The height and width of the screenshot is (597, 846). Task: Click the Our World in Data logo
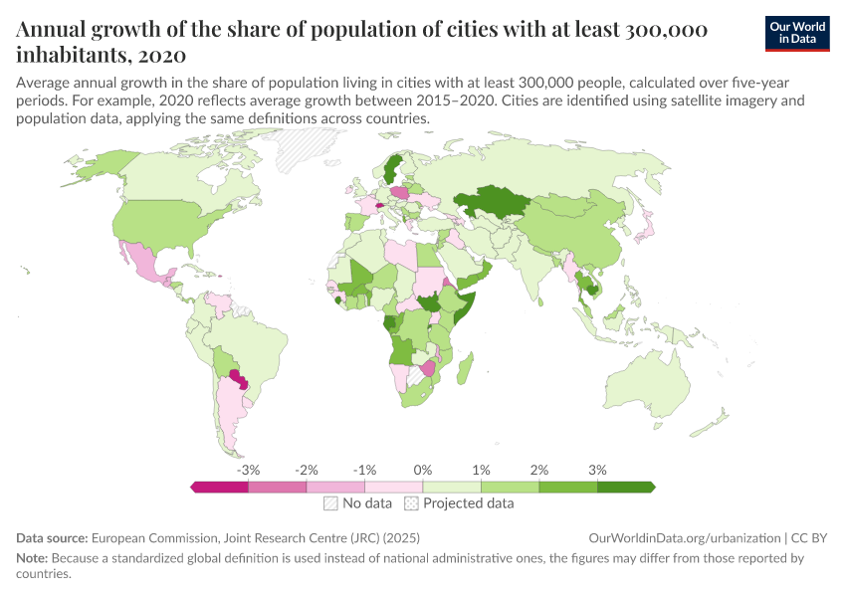797,33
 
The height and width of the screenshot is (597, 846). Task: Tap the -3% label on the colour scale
248,469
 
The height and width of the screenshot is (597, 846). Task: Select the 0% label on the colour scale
422,469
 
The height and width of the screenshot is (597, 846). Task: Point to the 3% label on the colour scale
597,469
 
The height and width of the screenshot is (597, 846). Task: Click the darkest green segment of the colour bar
625,487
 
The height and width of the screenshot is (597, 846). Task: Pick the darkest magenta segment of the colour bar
219,487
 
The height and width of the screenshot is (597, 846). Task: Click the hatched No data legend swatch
330,503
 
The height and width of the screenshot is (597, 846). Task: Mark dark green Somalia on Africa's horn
467,303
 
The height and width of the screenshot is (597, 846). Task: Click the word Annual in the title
52,29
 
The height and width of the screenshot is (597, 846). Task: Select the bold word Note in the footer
33,558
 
